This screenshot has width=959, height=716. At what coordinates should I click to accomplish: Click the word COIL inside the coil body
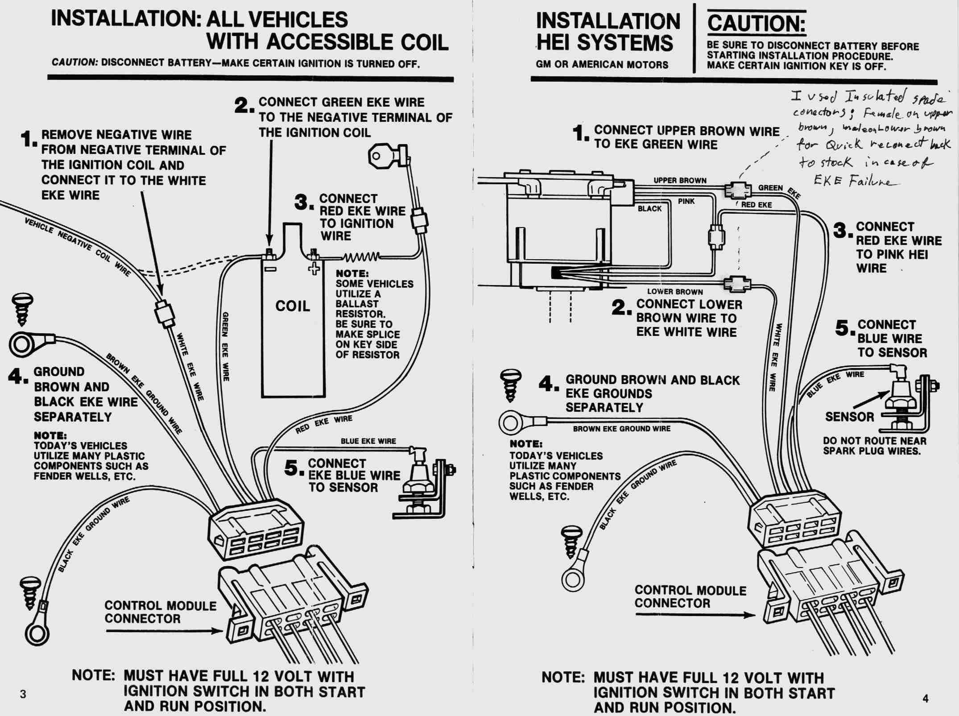point(293,306)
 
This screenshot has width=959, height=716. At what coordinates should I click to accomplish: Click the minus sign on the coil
point(270,269)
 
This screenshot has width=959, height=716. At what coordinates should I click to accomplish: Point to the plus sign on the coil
point(315,269)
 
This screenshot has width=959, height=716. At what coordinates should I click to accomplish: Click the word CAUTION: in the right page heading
point(756,24)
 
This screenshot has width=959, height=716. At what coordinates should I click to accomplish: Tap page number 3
point(23,694)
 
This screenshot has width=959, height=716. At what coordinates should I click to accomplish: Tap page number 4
point(925,698)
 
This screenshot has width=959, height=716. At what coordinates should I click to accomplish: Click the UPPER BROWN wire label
point(680,181)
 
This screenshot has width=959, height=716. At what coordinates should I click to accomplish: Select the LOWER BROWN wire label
point(675,292)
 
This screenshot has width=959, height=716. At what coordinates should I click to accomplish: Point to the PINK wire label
point(686,202)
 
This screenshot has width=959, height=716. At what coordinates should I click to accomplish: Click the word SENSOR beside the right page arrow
point(850,417)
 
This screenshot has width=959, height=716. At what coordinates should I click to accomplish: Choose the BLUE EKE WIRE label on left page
point(368,441)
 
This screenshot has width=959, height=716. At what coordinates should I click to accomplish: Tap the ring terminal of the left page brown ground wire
point(21,344)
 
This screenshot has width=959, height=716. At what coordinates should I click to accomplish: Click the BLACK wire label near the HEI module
point(649,208)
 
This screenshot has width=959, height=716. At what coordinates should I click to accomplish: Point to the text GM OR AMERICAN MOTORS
point(602,65)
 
